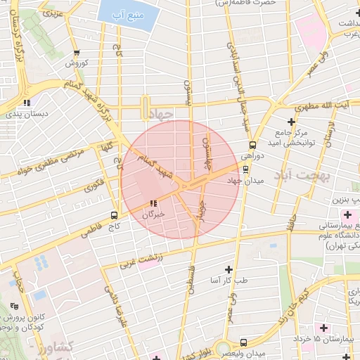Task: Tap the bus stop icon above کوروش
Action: tap(77, 51)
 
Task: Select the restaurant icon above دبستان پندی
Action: tap(27, 102)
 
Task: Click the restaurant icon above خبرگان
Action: tap(153, 202)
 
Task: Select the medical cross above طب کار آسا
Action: tap(228, 269)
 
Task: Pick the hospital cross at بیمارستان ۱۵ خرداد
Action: tap(323, 328)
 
